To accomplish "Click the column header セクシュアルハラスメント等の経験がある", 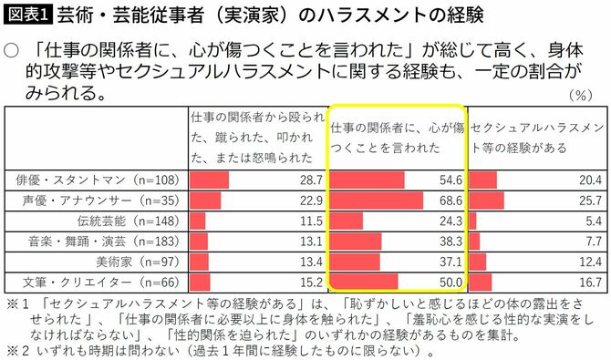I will click(536, 137).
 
